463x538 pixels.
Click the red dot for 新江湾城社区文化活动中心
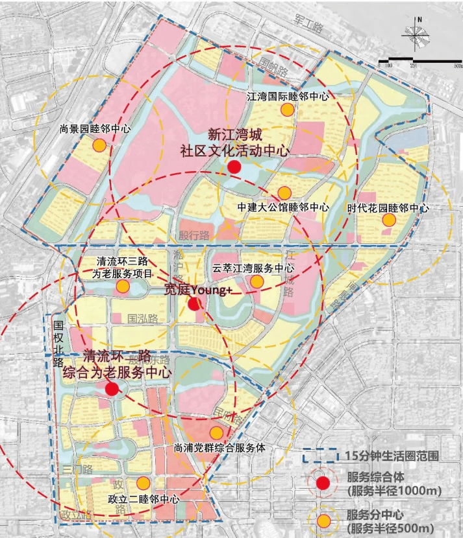[234, 167]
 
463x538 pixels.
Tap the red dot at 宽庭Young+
[194, 304]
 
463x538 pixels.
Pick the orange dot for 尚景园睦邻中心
[99, 145]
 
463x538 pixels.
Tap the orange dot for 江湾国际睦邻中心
[287, 110]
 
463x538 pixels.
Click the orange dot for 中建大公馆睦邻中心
[284, 193]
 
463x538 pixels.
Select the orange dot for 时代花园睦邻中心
[388, 220]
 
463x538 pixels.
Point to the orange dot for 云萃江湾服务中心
[257, 281]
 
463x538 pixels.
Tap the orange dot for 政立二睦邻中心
[143, 483]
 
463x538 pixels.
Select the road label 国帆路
[272, 66]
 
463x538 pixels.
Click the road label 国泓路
[143, 318]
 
